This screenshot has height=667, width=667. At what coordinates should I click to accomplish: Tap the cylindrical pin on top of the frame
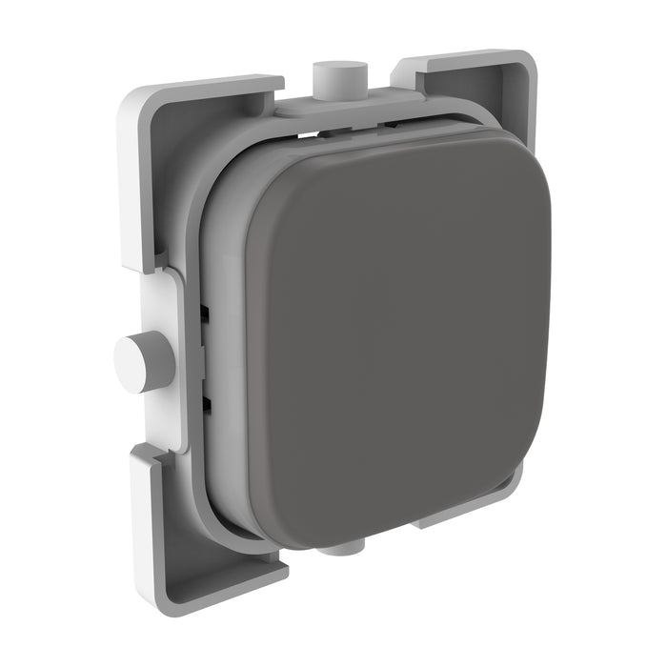coord(339,82)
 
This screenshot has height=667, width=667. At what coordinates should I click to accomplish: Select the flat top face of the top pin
coord(339,70)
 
